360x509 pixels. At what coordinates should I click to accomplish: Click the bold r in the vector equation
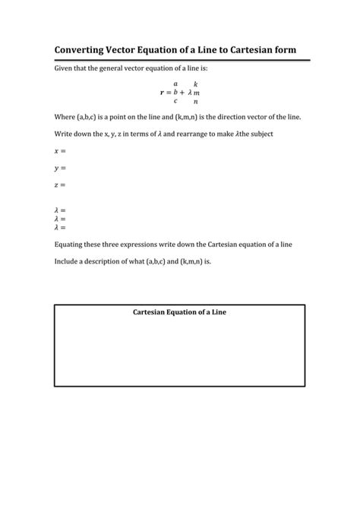coord(162,93)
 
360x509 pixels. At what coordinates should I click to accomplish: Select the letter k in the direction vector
coord(196,84)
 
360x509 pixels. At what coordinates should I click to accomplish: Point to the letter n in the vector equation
coord(196,101)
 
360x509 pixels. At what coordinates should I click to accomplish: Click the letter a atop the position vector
coord(175,84)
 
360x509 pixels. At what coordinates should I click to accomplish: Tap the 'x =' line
coord(60,151)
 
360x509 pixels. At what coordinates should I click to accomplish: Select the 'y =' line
coord(60,168)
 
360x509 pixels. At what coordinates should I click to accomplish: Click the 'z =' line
coord(60,185)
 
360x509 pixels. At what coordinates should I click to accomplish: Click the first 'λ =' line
coord(60,210)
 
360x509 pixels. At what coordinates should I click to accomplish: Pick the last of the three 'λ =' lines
coord(60,227)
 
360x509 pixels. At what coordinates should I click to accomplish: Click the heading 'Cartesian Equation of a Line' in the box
coord(180,312)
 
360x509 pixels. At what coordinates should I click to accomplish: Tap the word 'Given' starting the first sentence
coord(64,68)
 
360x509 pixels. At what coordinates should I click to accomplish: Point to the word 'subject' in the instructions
coord(250,134)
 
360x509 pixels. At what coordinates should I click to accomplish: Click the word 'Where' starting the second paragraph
coord(65,117)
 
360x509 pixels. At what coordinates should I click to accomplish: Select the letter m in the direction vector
coord(196,93)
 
